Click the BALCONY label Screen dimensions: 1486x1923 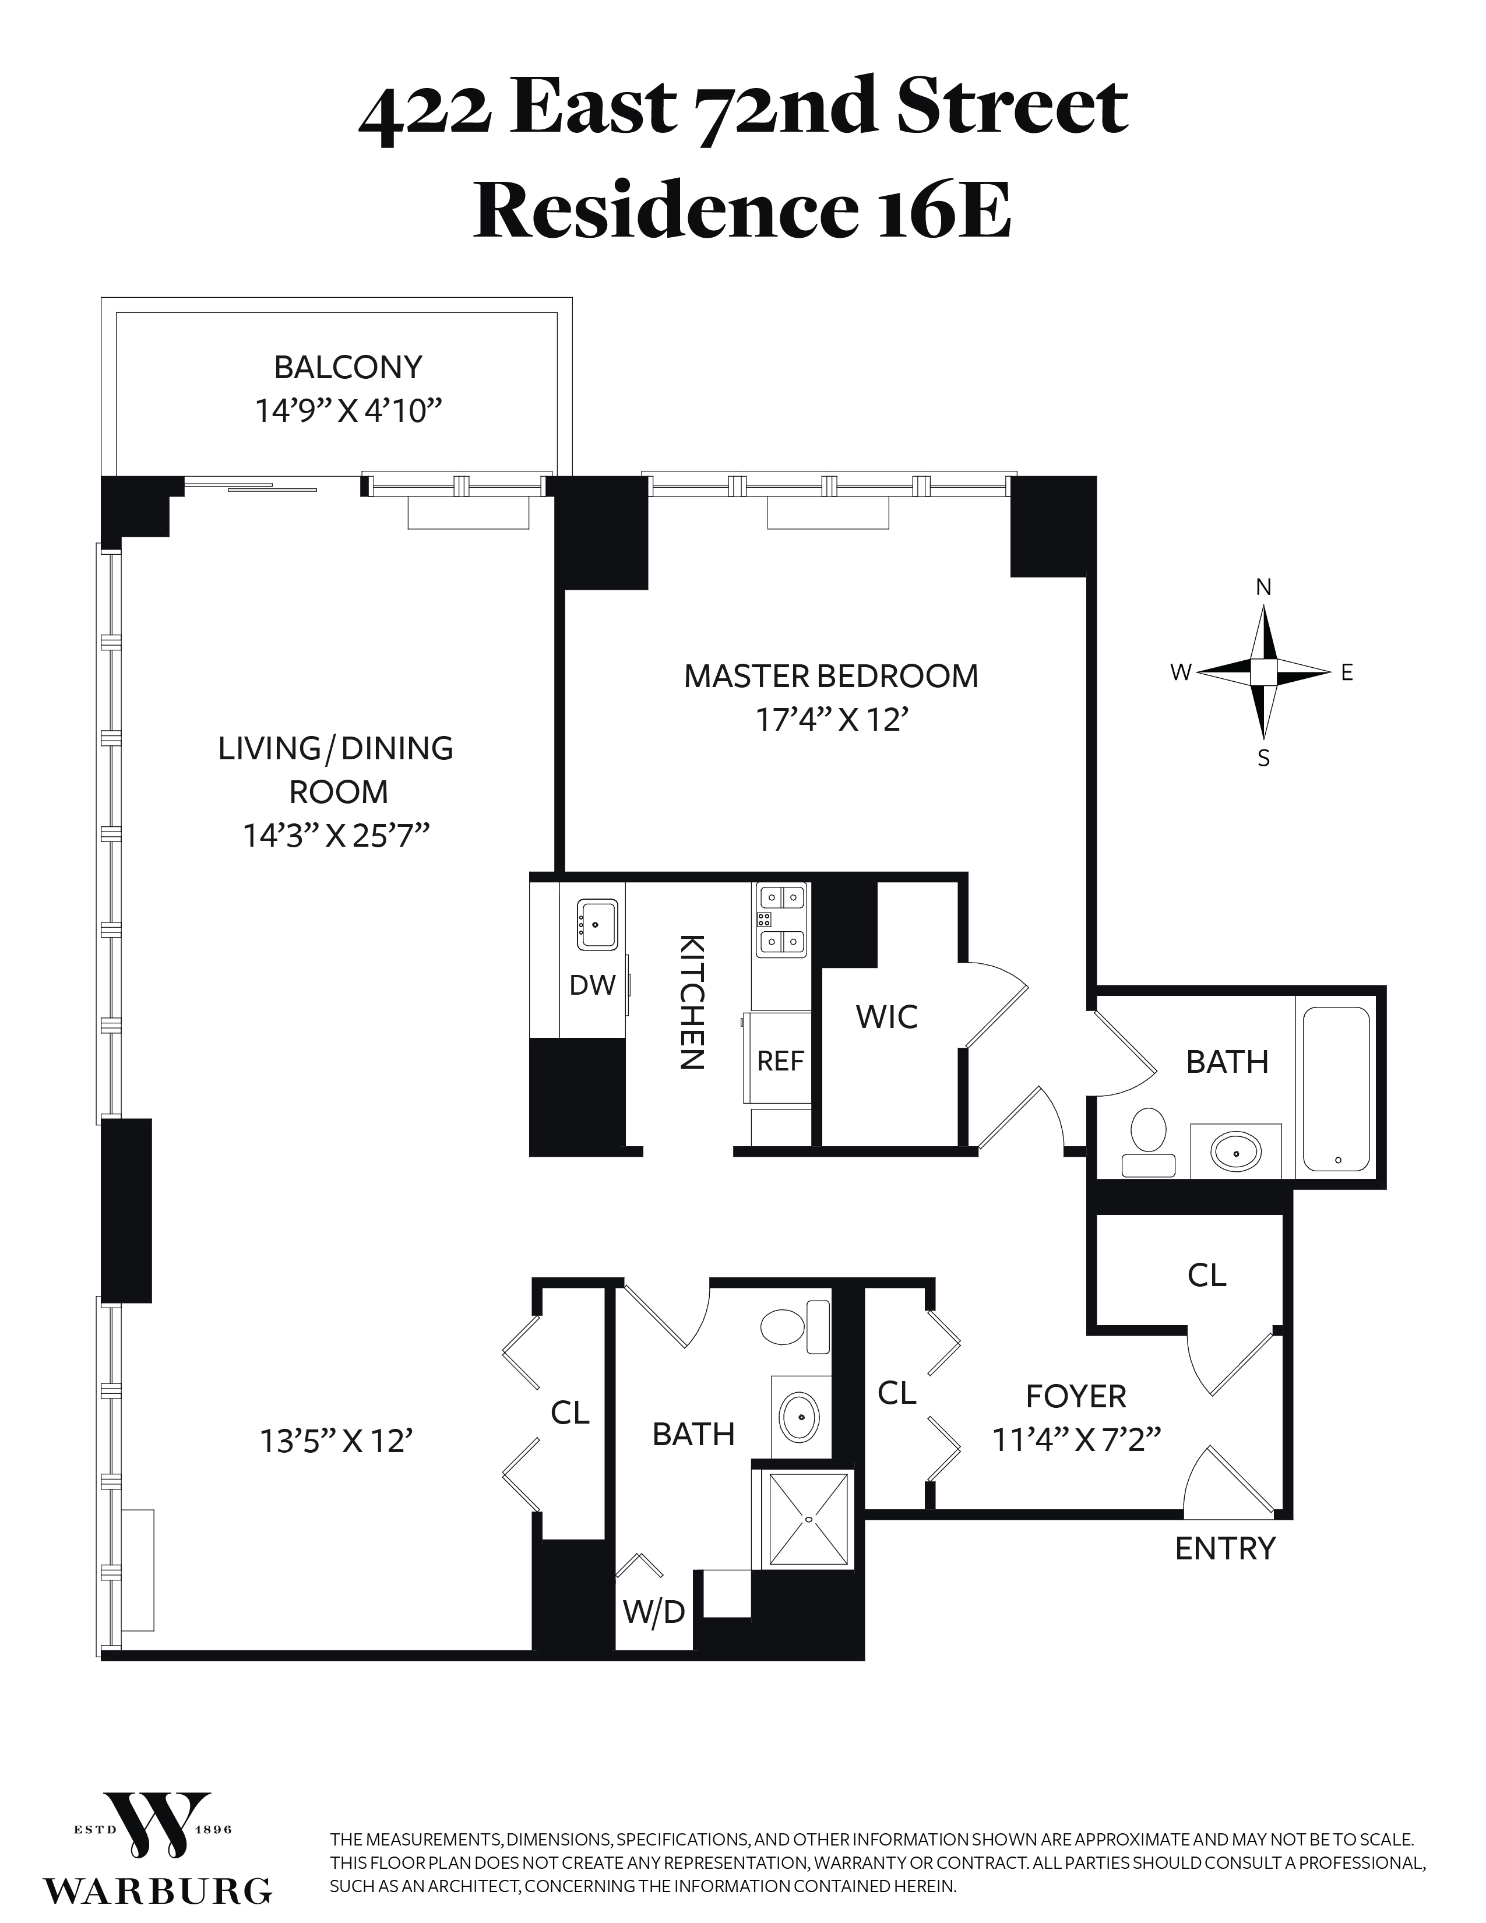coord(348,367)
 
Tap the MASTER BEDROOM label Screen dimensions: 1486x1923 coord(831,676)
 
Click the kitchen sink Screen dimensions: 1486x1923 coord(597,925)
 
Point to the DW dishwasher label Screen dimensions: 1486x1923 coord(593,985)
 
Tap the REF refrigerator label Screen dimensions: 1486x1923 coord(780,1061)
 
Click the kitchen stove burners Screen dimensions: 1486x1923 coord(781,920)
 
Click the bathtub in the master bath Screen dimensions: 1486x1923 coord(1336,1089)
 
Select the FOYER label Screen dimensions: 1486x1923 coord(1076,1396)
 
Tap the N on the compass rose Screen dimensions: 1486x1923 coord(1263,587)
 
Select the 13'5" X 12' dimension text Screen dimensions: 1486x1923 coord(336,1441)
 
